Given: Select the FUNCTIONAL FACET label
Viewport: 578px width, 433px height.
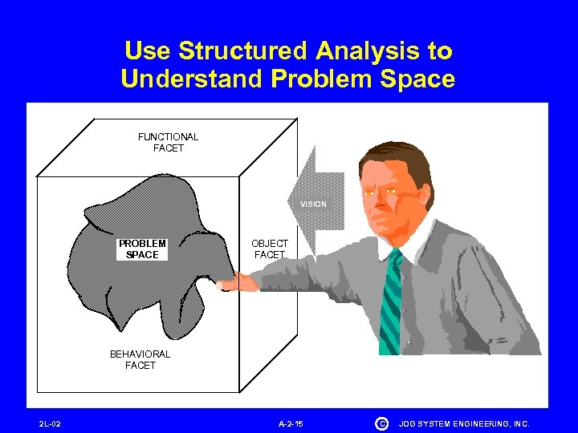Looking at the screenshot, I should point(168,143).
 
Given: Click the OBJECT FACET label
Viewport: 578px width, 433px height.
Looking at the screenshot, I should point(270,249).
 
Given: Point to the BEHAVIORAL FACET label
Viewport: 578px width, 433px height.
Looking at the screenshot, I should point(140,359).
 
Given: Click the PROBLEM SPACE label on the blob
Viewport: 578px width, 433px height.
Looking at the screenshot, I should point(142,249).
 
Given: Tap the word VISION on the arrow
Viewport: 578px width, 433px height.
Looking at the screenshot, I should point(313,204).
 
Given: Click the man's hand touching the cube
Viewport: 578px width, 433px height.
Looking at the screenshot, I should point(234,281).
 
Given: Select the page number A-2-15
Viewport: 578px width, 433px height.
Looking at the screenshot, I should point(291,423).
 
